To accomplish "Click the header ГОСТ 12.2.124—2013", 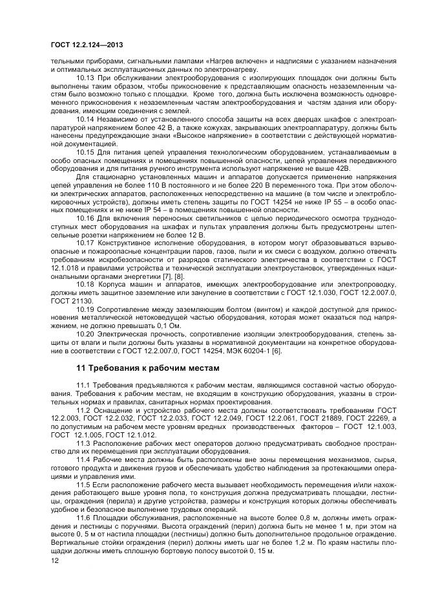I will [x=88, y=45].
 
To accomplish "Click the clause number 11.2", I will [x=84, y=411].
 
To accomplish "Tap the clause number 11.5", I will [x=84, y=484].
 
